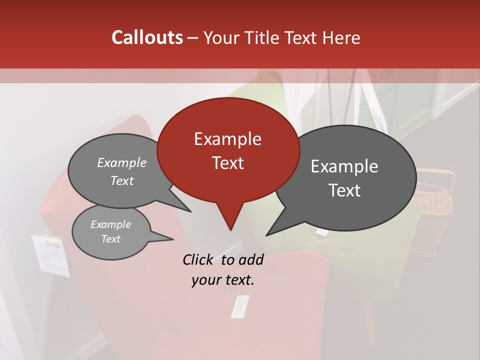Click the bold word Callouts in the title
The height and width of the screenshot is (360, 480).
(x=147, y=38)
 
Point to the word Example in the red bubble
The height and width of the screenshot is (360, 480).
(x=227, y=139)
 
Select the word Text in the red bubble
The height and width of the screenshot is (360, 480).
(x=227, y=163)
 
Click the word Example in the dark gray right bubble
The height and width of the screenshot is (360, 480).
(x=344, y=166)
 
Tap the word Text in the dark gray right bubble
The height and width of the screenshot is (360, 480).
(x=344, y=190)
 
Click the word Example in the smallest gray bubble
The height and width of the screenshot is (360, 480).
(x=110, y=224)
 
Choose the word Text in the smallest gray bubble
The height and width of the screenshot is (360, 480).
(x=110, y=239)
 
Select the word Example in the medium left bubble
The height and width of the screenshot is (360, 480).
(x=121, y=163)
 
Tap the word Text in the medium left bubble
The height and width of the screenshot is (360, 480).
(x=121, y=180)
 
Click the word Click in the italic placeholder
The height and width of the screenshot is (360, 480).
(x=199, y=259)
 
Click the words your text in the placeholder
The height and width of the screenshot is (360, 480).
(x=222, y=280)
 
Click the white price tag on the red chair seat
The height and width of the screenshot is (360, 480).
(x=239, y=306)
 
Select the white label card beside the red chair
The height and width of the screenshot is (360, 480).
(x=50, y=255)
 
